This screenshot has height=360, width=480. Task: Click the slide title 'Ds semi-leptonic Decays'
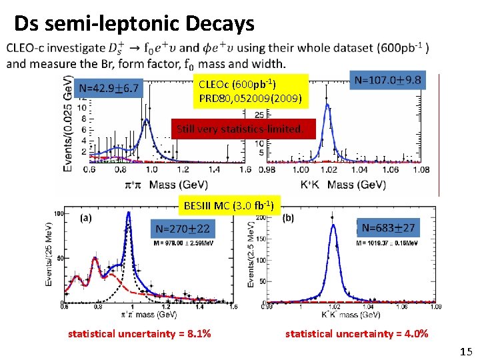tap(134, 24)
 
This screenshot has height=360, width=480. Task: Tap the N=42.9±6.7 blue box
tap(109, 87)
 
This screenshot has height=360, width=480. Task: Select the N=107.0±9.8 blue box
tap(388, 80)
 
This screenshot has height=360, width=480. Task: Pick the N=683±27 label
tap(388, 228)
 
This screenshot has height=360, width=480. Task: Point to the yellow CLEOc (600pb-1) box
tap(251, 92)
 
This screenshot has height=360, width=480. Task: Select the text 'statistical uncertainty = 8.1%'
tap(139, 333)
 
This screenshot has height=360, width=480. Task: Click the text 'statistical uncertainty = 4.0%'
tap(357, 333)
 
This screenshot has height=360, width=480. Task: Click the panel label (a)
tap(86, 217)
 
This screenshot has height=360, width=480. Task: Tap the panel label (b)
tap(288, 217)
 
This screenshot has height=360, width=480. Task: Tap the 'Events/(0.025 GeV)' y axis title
tap(67, 123)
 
